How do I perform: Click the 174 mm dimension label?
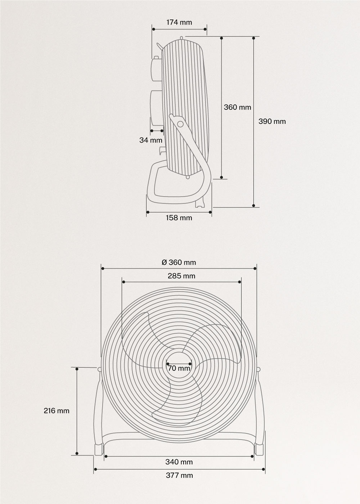click(x=179, y=22)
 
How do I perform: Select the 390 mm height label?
click(x=272, y=121)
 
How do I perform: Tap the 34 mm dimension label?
click(x=151, y=140)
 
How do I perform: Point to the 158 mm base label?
click(x=179, y=218)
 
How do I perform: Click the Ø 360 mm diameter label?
click(x=179, y=262)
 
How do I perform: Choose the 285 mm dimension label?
click(x=181, y=276)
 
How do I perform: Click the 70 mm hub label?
click(x=179, y=368)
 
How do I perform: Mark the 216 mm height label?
click(x=57, y=410)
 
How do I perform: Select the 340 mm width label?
click(x=179, y=462)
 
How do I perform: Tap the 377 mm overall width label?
click(x=179, y=475)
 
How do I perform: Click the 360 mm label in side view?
click(x=237, y=107)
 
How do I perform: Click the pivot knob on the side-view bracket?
click(x=180, y=124)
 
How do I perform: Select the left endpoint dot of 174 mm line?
click(x=153, y=29)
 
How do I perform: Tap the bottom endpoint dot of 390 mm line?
click(x=254, y=207)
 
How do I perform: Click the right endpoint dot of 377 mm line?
click(x=265, y=469)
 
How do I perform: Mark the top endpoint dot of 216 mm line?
click(x=77, y=369)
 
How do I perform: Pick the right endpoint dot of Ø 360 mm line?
click(x=255, y=269)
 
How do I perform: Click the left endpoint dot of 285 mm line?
click(x=122, y=282)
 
